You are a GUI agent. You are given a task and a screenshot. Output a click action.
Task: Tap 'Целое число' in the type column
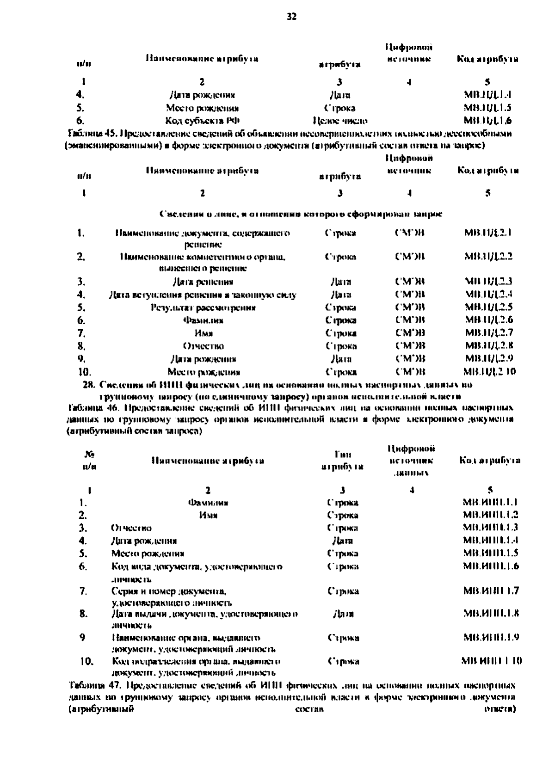(x=340, y=121)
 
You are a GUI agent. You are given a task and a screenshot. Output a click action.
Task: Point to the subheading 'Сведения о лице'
(x=301, y=214)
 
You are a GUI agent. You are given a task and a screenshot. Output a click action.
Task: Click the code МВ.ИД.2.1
(x=487, y=233)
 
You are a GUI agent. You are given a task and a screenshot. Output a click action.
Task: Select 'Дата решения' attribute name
(x=203, y=282)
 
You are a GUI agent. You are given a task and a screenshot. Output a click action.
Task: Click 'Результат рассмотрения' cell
(x=203, y=307)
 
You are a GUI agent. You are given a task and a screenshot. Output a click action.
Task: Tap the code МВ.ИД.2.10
(x=489, y=372)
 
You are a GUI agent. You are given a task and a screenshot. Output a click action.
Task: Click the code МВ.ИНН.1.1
(x=490, y=502)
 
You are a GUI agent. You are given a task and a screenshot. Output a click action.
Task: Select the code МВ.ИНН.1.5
(x=490, y=553)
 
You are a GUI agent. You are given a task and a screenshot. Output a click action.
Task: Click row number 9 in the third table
(x=82, y=638)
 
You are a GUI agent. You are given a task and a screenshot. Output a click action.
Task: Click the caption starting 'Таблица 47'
(x=291, y=685)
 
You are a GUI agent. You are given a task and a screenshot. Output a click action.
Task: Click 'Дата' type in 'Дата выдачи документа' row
(x=343, y=615)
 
